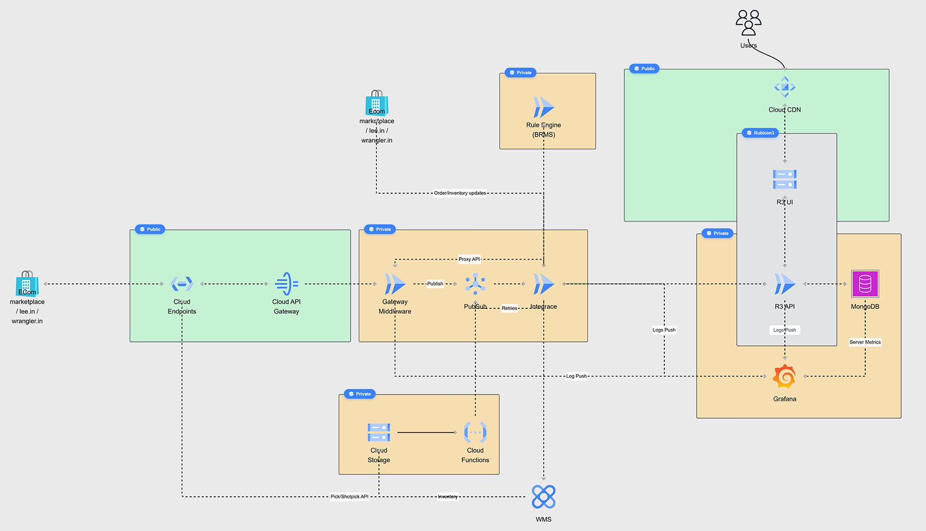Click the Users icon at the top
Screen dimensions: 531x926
click(748, 23)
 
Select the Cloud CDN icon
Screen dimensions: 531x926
click(785, 88)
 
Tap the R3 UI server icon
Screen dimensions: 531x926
click(785, 179)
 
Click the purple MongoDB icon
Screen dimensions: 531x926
click(865, 284)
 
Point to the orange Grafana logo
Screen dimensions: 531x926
click(785, 377)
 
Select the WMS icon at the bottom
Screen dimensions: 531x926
click(543, 497)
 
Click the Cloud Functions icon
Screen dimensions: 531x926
click(475, 432)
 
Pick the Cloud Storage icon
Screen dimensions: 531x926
click(379, 432)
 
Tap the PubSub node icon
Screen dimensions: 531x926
click(475, 283)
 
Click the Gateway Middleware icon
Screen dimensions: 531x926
click(395, 284)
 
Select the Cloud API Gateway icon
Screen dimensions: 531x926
click(286, 284)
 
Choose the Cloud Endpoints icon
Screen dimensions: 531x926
click(182, 284)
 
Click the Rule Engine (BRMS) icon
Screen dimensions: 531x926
click(543, 108)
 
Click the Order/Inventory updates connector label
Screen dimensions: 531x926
click(460, 193)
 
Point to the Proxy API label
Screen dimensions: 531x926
click(469, 259)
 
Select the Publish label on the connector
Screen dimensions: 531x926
click(435, 284)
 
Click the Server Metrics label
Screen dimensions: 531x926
click(865, 342)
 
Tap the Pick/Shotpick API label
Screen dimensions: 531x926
click(349, 497)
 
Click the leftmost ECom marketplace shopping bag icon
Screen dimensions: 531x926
click(27, 283)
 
